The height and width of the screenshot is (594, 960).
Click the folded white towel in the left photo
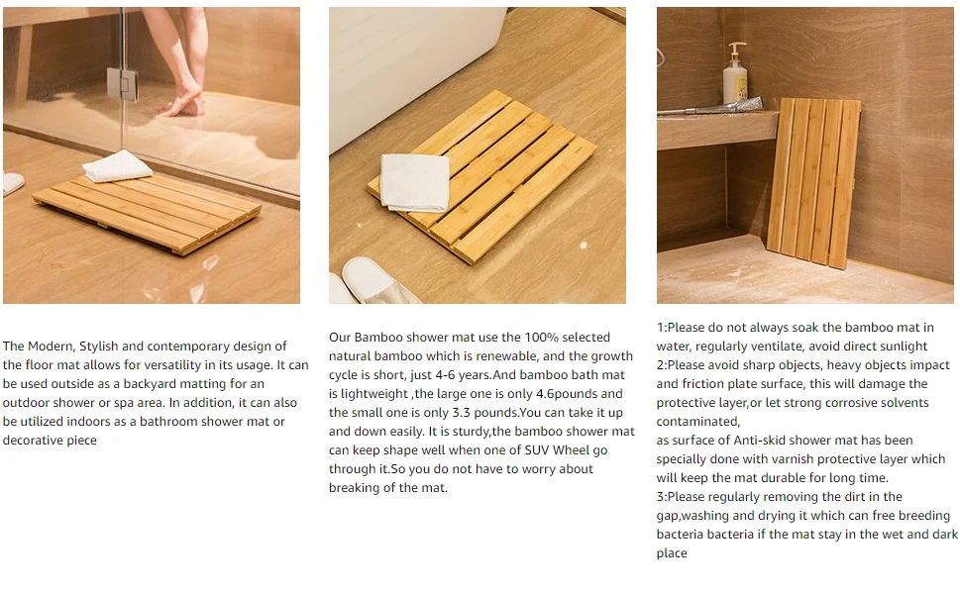pyautogui.click(x=118, y=165)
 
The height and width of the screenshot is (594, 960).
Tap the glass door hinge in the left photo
pyautogui.click(x=122, y=83)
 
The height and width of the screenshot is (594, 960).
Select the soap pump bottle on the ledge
pyautogui.click(x=735, y=74)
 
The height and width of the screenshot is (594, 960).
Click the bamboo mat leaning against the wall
pyautogui.click(x=813, y=183)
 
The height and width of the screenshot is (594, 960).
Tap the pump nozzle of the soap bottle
pyautogui.click(x=736, y=46)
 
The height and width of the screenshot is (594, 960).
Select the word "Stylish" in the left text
pyautogui.click(x=98, y=346)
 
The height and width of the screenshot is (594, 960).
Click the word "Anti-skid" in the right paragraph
pyautogui.click(x=761, y=441)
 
